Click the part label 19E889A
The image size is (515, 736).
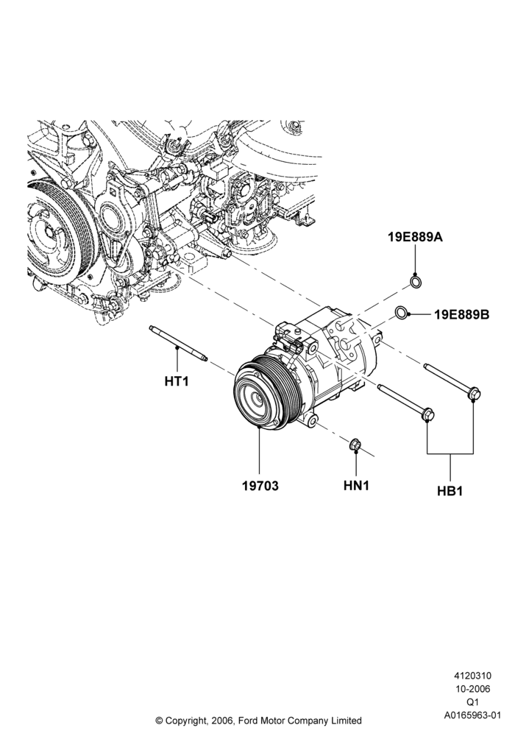pos(415,237)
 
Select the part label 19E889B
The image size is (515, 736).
pos(461,314)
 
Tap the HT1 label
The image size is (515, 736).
pos(177,381)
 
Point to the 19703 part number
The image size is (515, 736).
pos(260,486)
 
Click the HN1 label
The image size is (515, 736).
pos(356,485)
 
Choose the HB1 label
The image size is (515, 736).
pos(450,491)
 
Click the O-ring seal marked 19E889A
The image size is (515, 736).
pos(416,282)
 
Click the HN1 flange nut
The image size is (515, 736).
pos(355,444)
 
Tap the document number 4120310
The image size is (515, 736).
pos(472,676)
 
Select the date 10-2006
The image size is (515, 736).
pos(472,689)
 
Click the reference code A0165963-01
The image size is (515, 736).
pos(472,715)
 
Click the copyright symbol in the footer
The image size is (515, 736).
pos(159,720)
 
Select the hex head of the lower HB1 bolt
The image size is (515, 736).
pos(427,414)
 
